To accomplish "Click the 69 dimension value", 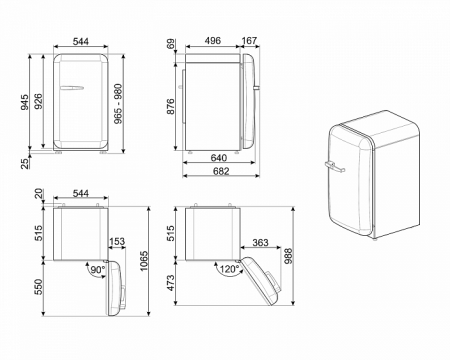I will pos(172,45).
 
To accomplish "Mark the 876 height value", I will pos(172,100).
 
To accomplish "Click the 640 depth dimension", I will pos(216,156).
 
